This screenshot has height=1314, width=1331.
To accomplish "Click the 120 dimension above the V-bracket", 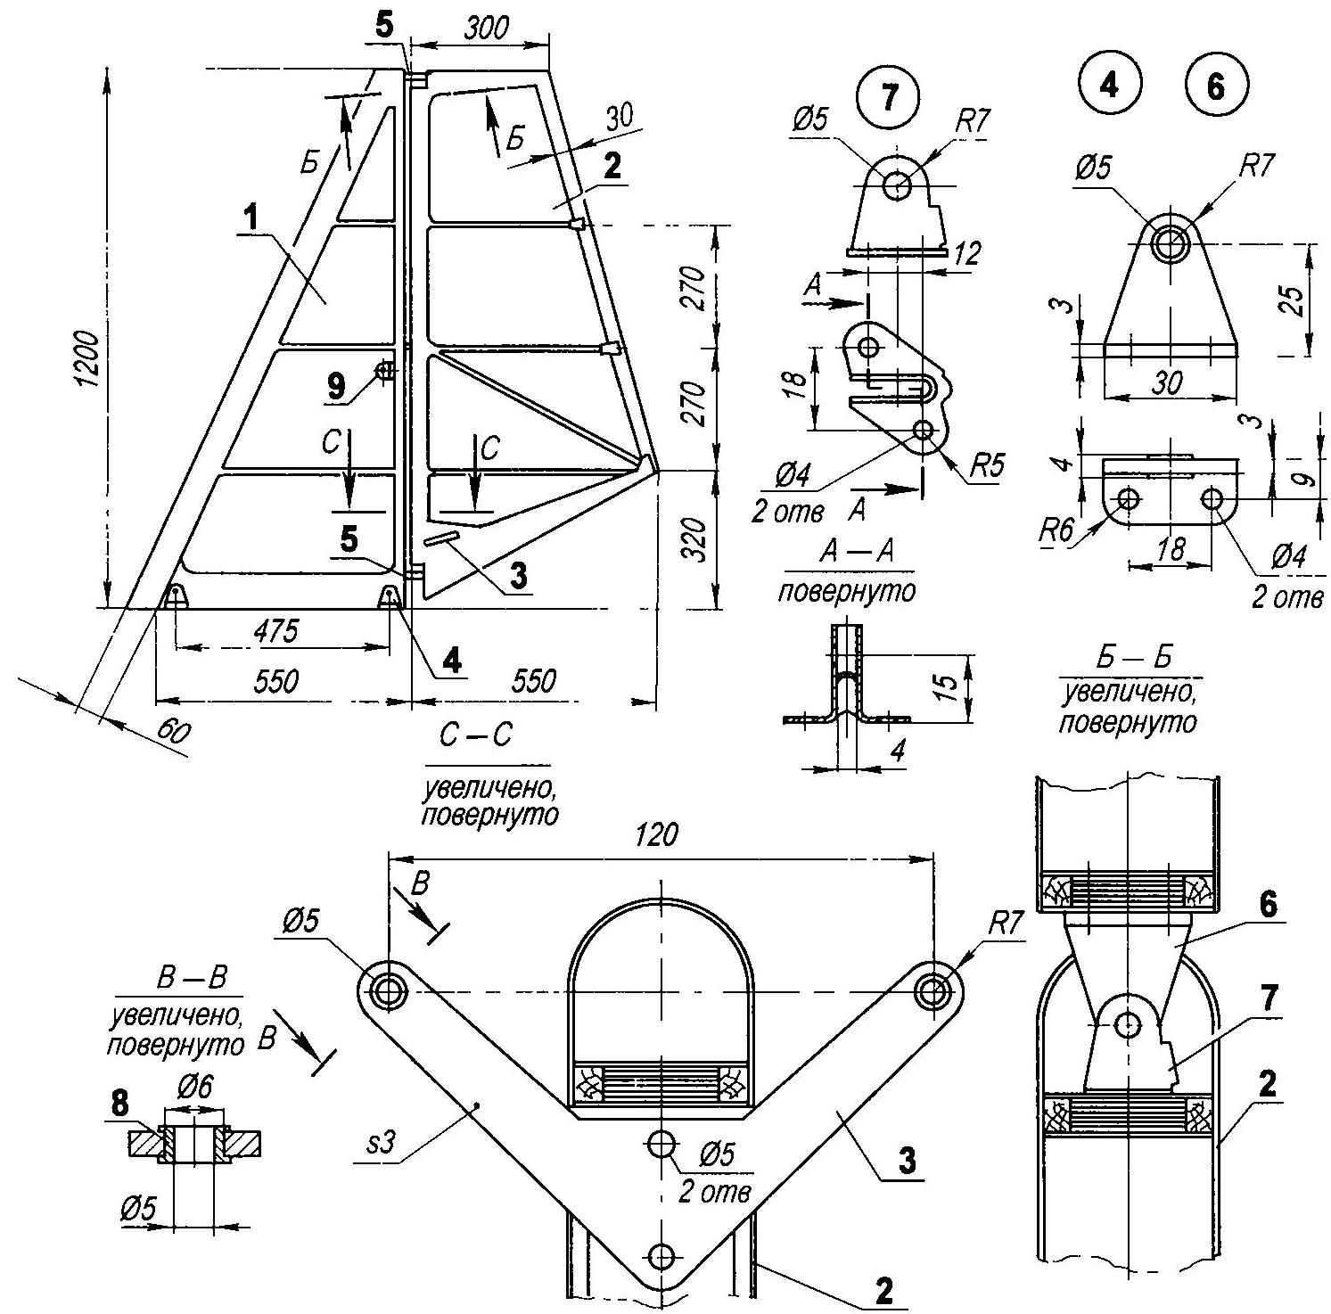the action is point(658,834).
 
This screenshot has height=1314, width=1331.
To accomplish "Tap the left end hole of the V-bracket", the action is point(387,990).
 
